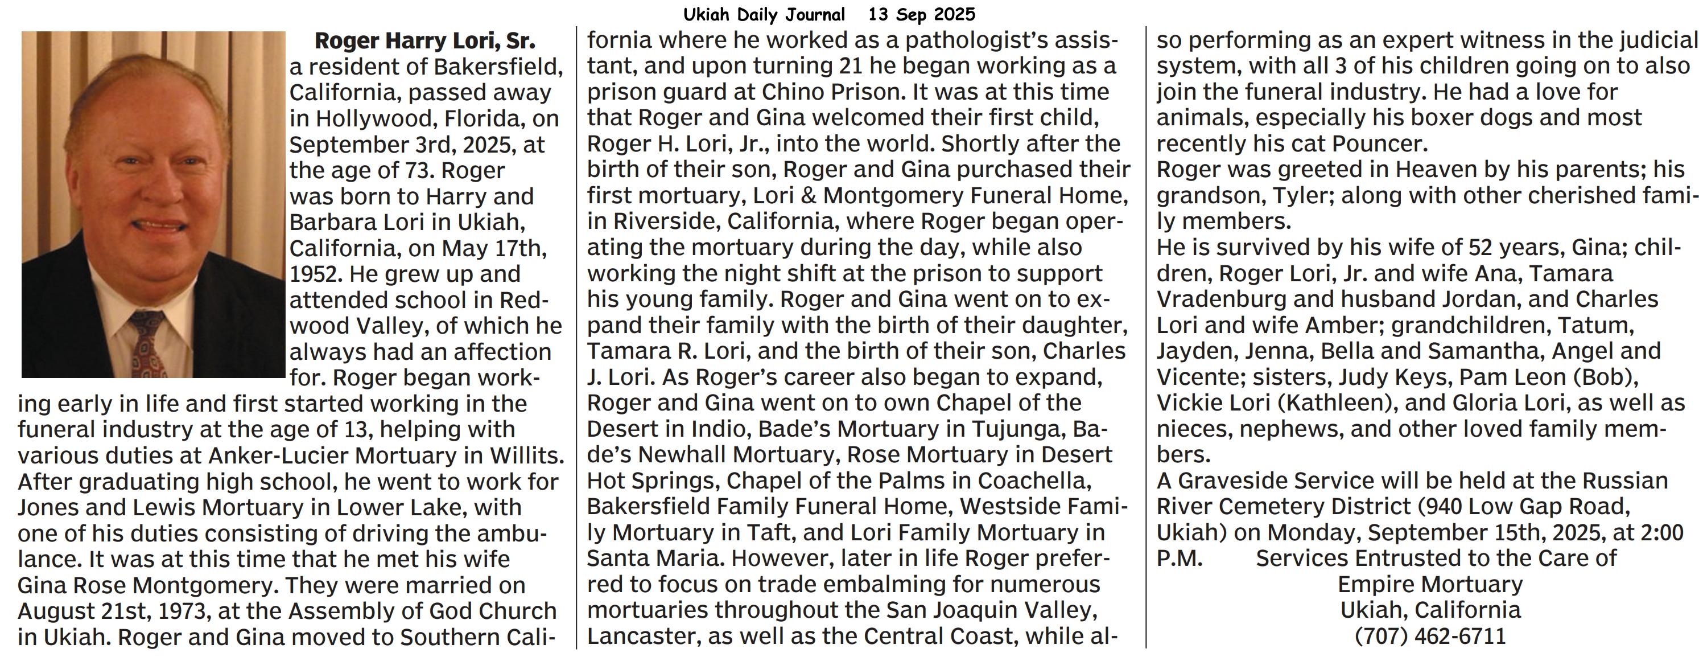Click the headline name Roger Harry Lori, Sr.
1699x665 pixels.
424,41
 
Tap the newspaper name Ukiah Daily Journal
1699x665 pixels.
764,14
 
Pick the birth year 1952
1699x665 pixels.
315,274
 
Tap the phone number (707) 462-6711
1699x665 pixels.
1430,637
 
